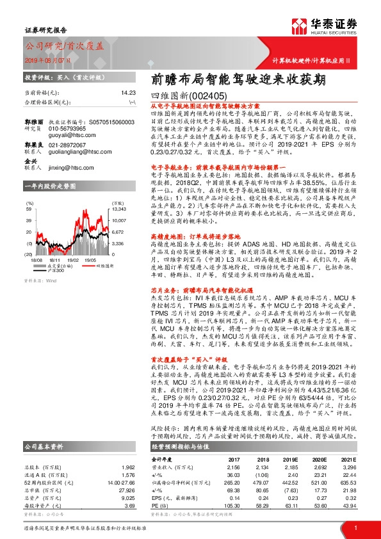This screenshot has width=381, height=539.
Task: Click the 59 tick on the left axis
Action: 30,209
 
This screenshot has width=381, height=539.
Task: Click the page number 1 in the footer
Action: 355,527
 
